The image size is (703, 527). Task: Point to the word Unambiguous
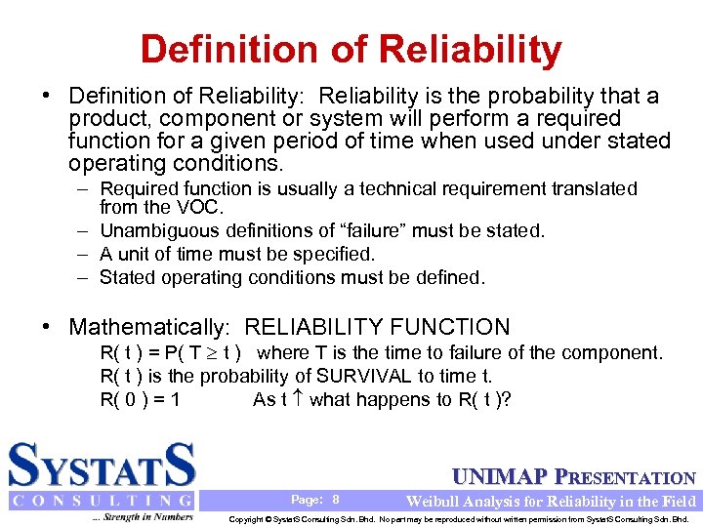point(162,230)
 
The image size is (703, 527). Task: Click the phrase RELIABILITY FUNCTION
point(377,327)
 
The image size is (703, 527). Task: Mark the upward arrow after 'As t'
point(298,398)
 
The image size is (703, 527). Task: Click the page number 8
point(336,499)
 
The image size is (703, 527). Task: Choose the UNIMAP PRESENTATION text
point(574,477)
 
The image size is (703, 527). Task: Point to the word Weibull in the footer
point(433,501)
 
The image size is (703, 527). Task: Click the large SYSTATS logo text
point(102,465)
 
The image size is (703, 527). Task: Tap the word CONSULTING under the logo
point(102,501)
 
